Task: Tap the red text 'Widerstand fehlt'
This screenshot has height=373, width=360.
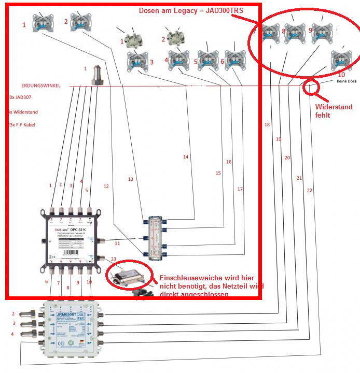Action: click(x=334, y=111)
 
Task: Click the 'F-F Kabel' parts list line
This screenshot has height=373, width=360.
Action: click(x=23, y=124)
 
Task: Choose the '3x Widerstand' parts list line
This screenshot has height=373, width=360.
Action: click(x=23, y=112)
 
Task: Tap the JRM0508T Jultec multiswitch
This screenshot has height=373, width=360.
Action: click(x=73, y=328)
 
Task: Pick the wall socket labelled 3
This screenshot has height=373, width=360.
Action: click(x=135, y=62)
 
